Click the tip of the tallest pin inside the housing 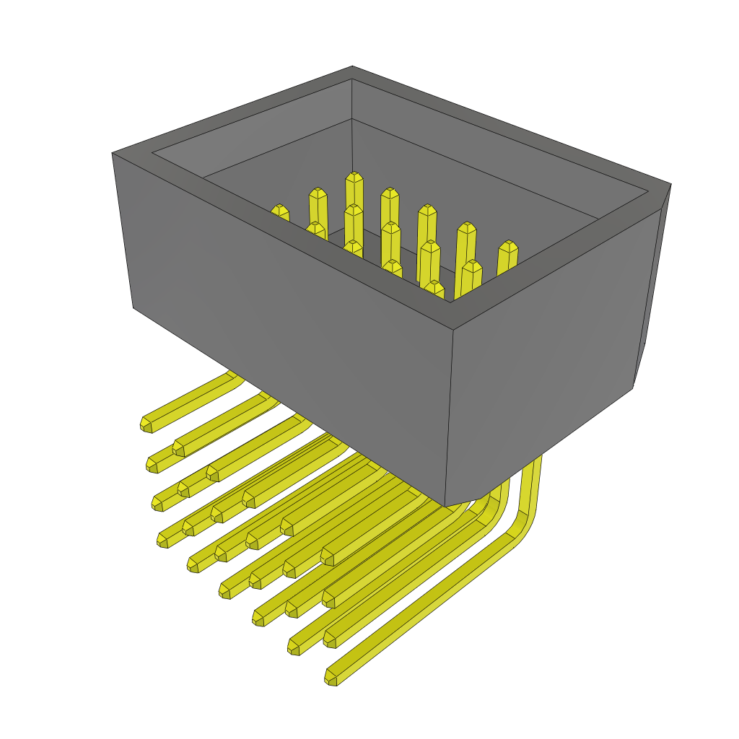coord(354,176)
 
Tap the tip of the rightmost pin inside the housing coord(508,245)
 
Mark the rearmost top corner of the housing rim coord(352,67)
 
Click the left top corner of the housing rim coord(113,153)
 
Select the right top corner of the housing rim coord(670,185)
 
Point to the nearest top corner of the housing coord(453,329)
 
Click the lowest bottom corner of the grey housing coord(445,506)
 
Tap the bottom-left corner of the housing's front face coord(134,307)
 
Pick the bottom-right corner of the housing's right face coord(632,388)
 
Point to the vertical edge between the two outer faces coord(449,419)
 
